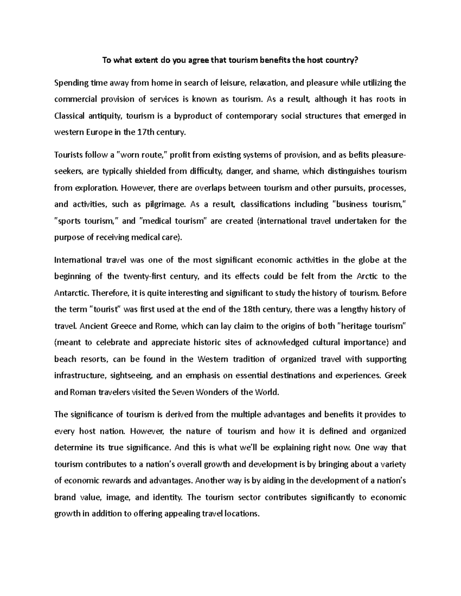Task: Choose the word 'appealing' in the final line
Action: [182, 514]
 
